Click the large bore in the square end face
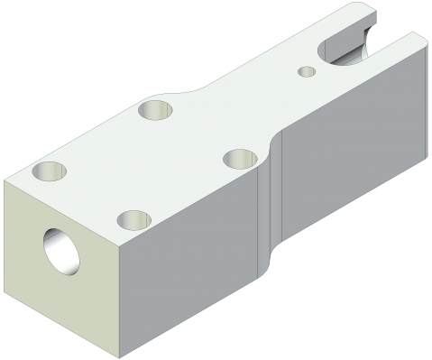pyautogui.click(x=61, y=249)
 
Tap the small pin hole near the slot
pyautogui.click(x=308, y=69)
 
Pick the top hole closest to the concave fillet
pyautogui.click(x=156, y=110)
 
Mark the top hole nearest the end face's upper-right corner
pyautogui.click(x=134, y=218)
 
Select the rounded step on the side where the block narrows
pyautogui.click(x=269, y=208)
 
